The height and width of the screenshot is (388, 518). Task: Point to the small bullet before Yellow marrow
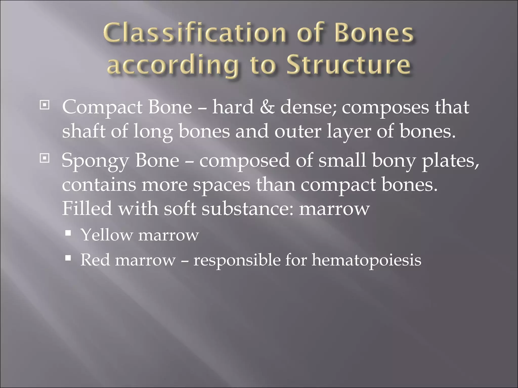(68, 232)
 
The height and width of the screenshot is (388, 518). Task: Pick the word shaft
(83, 131)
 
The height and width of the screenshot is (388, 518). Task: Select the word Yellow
(106, 235)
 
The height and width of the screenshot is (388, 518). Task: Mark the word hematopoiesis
(366, 260)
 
